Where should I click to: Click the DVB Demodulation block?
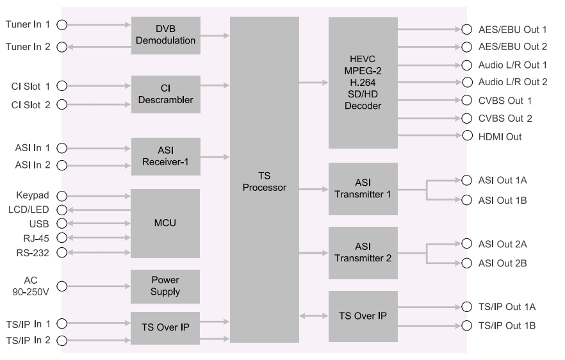click(166, 36)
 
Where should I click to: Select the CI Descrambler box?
click(166, 94)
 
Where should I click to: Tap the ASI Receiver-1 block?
click(166, 156)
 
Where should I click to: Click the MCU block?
click(166, 224)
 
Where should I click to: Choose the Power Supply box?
click(166, 286)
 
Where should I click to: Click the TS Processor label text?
click(264, 182)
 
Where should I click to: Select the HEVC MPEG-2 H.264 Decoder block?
click(363, 83)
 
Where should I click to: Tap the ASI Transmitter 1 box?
click(363, 188)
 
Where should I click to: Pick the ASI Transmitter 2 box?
click(363, 252)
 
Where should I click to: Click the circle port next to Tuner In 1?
click(62, 25)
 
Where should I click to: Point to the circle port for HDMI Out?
click(466, 136)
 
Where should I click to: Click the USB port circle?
click(62, 224)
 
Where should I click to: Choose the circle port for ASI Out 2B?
click(466, 263)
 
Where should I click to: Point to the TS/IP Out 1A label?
click(507, 307)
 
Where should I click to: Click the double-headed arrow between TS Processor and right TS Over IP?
click(313, 316)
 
